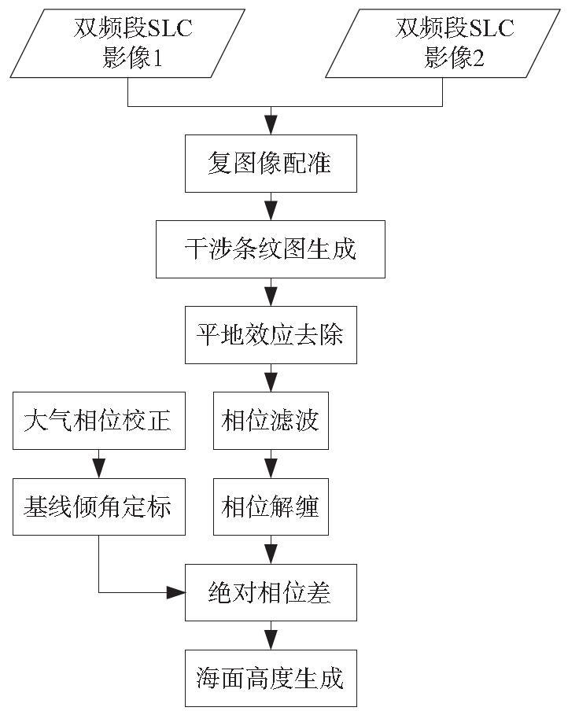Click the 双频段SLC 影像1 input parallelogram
[x=127, y=43]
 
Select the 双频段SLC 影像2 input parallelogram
[x=443, y=43]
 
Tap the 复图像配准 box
[x=271, y=164]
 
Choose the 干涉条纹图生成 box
[x=271, y=249]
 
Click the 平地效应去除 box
[x=271, y=334]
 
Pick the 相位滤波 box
[x=271, y=420]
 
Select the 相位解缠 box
[x=271, y=507]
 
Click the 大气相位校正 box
[x=99, y=420]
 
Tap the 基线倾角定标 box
[x=99, y=507]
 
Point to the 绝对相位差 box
[x=271, y=592]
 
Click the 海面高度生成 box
[x=271, y=678]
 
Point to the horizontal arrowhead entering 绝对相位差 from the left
[x=176, y=592]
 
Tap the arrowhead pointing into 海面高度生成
[x=271, y=640]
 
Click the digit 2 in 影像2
[x=478, y=58]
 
